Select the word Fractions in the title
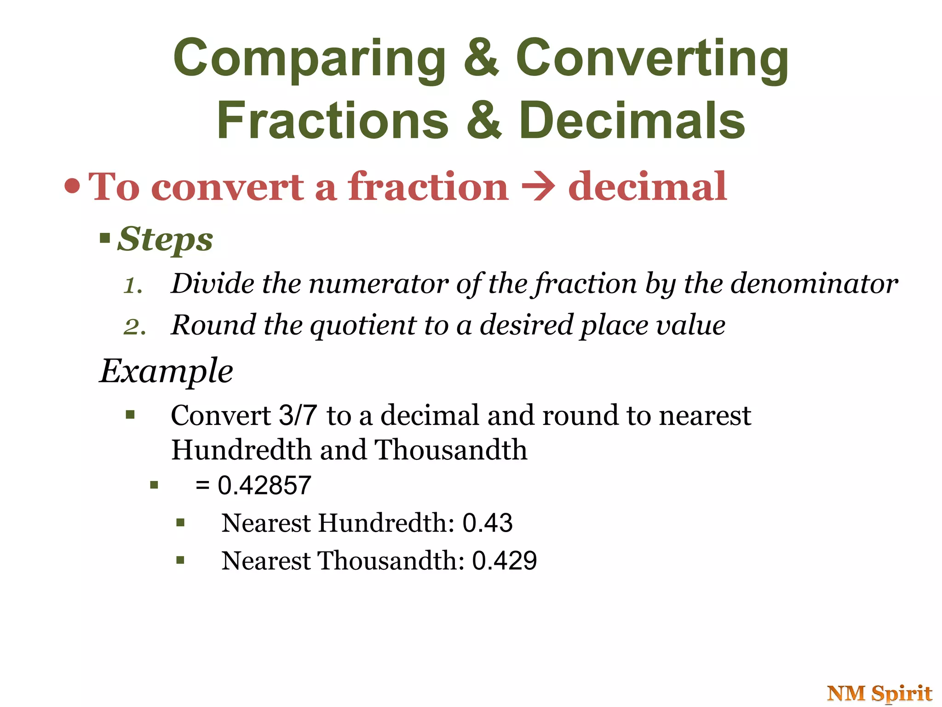(333, 121)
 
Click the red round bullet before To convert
(72, 186)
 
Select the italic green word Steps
(165, 239)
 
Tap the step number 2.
(135, 327)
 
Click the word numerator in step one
(378, 284)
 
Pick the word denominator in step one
(814, 284)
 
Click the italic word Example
(167, 371)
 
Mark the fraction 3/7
(298, 415)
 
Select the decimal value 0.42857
(264, 485)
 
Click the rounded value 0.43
(487, 523)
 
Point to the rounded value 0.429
(504, 561)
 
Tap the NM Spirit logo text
(879, 693)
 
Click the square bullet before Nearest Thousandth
(180, 560)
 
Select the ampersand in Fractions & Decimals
(483, 121)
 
